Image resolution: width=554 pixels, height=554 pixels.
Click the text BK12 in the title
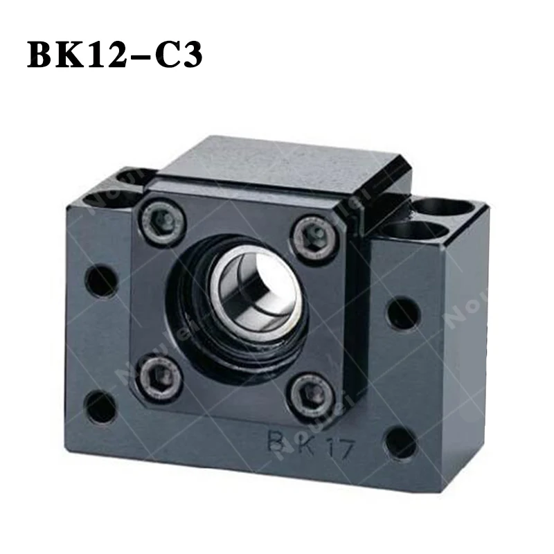pos(75,55)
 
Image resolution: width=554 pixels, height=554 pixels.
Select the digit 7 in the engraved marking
pos(346,449)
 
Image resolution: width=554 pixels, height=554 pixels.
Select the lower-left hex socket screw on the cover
pos(164,376)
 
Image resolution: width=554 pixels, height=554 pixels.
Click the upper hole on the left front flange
pos(101,280)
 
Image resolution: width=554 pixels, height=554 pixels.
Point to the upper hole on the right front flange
pos(403,314)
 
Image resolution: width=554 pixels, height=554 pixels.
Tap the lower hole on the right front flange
pos(401,442)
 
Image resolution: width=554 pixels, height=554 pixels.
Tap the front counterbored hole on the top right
pos(415,231)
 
